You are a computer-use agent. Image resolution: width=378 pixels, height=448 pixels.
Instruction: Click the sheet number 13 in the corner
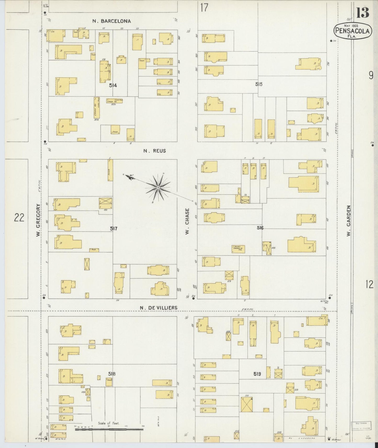coord(363,12)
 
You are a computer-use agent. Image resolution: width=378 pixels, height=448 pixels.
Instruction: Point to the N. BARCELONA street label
coord(111,21)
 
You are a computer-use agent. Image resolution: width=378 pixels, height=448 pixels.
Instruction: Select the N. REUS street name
coord(154,151)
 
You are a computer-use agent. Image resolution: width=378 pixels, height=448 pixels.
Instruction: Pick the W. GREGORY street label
coord(38,220)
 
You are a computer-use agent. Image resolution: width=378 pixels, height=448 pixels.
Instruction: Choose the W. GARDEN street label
coord(348,221)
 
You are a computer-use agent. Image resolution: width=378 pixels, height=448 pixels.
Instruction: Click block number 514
coord(113,85)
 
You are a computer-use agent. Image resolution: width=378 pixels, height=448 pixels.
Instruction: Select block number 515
coord(259,84)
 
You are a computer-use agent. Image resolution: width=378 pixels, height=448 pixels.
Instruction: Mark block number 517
coord(114,229)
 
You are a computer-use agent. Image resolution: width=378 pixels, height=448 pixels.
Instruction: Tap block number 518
coord(112,374)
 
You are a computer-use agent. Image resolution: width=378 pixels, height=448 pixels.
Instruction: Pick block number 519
coord(257,374)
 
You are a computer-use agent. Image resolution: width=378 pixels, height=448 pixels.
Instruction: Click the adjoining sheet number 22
coord(19,217)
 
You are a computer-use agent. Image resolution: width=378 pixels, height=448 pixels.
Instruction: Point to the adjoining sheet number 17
coord(204,8)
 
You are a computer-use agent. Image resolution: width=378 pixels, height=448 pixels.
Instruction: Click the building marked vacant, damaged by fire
coord(238,249)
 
